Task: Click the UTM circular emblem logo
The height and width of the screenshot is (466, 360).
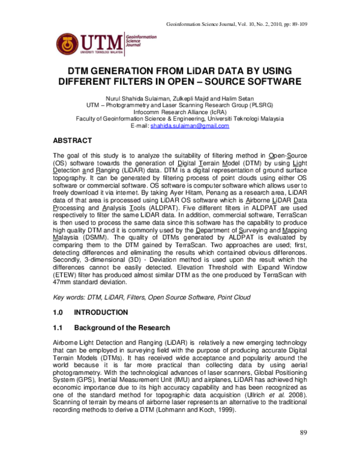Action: pyautogui.click(x=68, y=42)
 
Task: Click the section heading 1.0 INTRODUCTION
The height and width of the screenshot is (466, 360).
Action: pyautogui.click(x=91, y=312)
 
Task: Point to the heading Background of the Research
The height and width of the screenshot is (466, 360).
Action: pyautogui.click(x=122, y=328)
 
